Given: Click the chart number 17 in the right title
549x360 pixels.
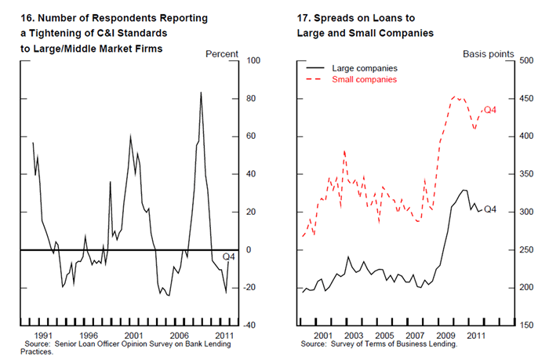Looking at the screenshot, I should (x=304, y=17).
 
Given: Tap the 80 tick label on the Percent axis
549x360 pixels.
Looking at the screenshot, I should (x=252, y=99).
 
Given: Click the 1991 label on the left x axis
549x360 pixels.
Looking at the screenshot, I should (x=43, y=336).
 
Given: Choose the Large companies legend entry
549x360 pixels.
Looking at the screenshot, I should (x=365, y=68).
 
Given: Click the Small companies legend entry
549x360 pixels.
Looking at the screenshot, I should (x=365, y=79).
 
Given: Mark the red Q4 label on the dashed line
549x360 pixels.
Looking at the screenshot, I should (x=490, y=110).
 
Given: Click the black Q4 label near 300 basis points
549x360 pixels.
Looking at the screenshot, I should (x=490, y=209).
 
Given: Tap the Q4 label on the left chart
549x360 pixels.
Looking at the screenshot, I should (x=229, y=256).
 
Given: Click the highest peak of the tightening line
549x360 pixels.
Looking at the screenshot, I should (x=201, y=93).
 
